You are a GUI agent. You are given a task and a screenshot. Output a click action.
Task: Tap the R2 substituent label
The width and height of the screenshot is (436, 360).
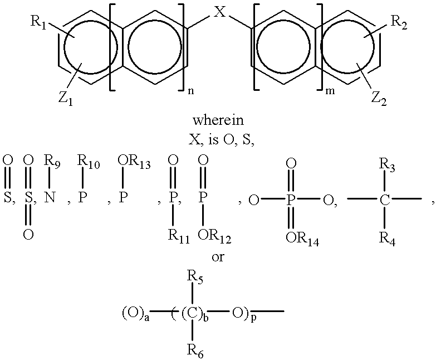point(399,22)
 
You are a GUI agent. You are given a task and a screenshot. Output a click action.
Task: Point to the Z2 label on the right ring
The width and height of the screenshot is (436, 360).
point(379,99)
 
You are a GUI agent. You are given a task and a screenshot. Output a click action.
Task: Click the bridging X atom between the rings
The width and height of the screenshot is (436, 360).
point(219,12)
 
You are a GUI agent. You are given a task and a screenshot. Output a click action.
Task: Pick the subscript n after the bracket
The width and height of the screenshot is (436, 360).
point(191,91)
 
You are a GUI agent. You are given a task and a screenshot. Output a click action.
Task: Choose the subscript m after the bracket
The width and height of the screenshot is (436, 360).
point(330,91)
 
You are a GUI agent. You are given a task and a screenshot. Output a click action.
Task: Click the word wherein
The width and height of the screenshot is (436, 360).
point(218,120)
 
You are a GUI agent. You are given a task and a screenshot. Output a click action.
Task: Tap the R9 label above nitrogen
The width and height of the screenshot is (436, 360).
point(52,162)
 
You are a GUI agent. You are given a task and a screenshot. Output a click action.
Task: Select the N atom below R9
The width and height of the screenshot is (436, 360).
point(49,198)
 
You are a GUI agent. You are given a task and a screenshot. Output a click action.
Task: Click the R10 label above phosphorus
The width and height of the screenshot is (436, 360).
point(88,162)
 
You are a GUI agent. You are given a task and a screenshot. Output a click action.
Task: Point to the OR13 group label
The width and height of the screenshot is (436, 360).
point(134,162)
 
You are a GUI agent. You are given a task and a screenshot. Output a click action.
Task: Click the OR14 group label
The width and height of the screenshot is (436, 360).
point(302,239)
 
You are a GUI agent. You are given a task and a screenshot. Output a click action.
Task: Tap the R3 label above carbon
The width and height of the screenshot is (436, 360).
point(387,166)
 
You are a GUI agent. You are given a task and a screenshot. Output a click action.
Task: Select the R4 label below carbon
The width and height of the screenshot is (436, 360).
point(387,239)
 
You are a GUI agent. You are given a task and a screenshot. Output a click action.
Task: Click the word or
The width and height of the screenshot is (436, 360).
point(218,257)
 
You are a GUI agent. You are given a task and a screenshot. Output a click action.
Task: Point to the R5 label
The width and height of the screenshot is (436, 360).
point(195,277)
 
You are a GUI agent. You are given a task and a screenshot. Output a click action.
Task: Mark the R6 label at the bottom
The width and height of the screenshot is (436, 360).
point(195,351)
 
